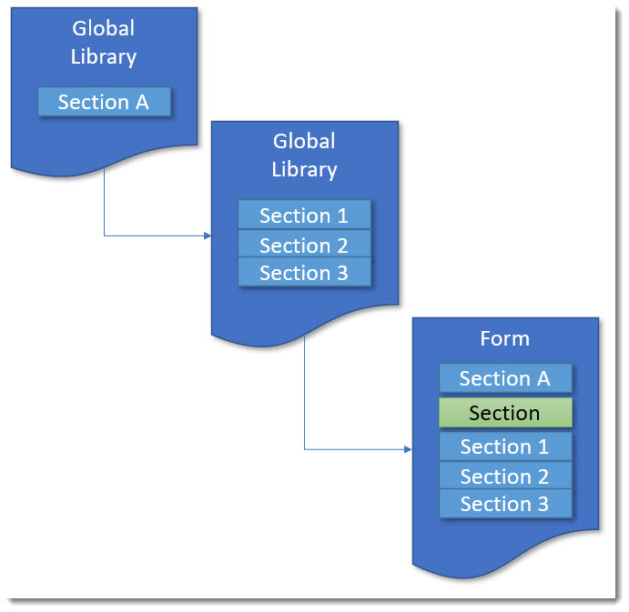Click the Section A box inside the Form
pyautogui.click(x=505, y=378)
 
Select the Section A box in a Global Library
pyautogui.click(x=104, y=102)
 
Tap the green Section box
pyautogui.click(x=505, y=413)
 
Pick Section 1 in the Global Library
pyautogui.click(x=304, y=216)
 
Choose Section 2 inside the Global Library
pyautogui.click(x=304, y=245)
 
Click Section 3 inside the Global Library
pyautogui.click(x=304, y=272)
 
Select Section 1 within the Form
pyautogui.click(x=505, y=446)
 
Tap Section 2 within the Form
pyautogui.click(x=505, y=476)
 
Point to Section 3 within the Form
pyautogui.click(x=505, y=504)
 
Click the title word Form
pyautogui.click(x=504, y=339)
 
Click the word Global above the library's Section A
pyautogui.click(x=104, y=28)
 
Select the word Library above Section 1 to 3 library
pyautogui.click(x=304, y=169)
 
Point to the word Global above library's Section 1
pyautogui.click(x=304, y=141)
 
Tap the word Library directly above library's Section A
pyautogui.click(x=104, y=56)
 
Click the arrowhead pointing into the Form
pyautogui.click(x=408, y=449)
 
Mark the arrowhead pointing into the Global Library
pyautogui.click(x=208, y=236)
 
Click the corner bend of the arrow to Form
pyautogui.click(x=304, y=449)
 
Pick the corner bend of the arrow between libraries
pyautogui.click(x=104, y=236)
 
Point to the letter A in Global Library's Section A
pyautogui.click(x=141, y=102)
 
